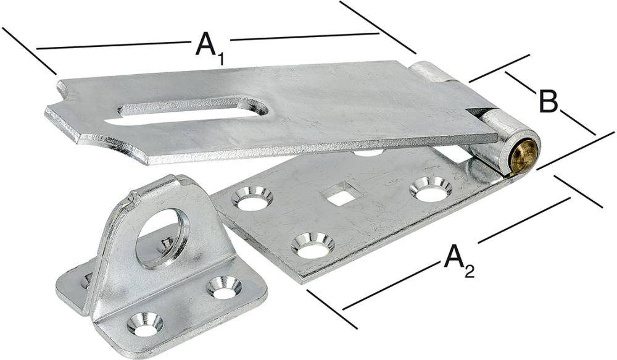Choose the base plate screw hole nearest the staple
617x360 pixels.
pos(252,199)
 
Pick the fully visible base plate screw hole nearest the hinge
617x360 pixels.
pos(429,189)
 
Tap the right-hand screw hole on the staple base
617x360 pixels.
pos(223,287)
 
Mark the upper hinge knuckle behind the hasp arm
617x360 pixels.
pos(430,71)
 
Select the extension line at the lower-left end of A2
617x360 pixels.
pos(331,309)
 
